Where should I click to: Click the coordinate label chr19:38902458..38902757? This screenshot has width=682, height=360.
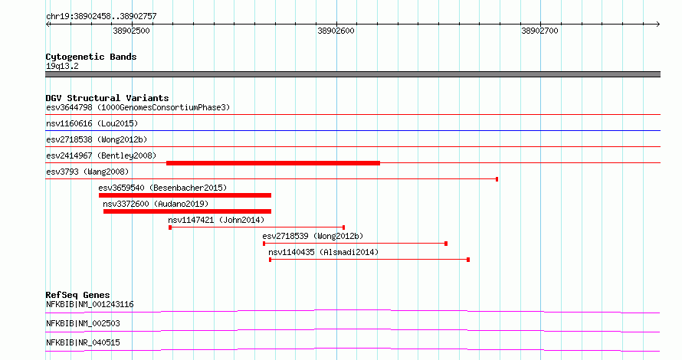101,17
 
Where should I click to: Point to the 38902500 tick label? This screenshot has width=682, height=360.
131,31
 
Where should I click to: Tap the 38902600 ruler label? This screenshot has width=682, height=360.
336,31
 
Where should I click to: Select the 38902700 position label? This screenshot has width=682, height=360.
539,31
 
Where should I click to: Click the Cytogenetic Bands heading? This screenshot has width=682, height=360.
91,57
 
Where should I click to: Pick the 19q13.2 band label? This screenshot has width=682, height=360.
62,66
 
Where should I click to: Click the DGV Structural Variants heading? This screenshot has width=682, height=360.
107,98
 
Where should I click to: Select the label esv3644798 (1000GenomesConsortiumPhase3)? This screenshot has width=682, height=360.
138,107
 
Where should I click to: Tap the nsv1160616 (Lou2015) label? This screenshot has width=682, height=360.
92,123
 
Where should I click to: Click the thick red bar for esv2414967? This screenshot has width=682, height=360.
273,163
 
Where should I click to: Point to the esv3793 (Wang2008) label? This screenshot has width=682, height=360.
87,172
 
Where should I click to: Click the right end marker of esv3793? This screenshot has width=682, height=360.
497,179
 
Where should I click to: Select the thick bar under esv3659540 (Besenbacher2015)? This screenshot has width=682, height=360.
185,195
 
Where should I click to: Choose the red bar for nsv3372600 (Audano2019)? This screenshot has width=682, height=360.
187,211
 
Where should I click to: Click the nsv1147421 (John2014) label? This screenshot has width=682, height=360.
216,220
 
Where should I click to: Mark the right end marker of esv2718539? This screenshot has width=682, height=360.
446,244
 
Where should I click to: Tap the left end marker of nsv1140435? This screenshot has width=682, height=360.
270,260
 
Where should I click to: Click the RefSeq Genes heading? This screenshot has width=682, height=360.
77,295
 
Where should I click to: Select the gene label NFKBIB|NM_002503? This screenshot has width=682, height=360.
83,323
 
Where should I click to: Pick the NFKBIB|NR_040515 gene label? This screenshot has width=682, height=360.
83,342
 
